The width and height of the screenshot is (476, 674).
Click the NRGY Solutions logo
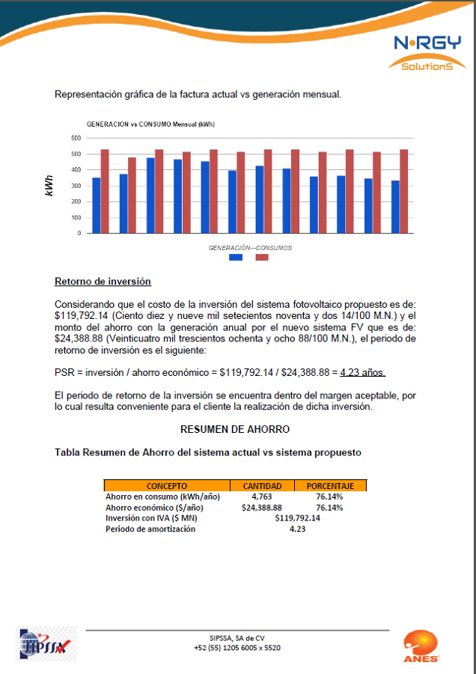pyautogui.click(x=428, y=53)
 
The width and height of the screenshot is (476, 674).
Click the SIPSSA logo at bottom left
pyautogui.click(x=44, y=645)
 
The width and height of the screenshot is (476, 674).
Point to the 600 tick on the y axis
pyautogui.click(x=76, y=139)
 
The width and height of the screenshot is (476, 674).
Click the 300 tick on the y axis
pyautogui.click(x=76, y=186)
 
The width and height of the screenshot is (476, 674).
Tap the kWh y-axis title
pyautogui.click(x=49, y=186)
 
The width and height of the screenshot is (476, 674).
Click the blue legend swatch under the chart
pyautogui.click(x=236, y=257)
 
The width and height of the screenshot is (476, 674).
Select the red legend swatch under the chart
pyautogui.click(x=262, y=257)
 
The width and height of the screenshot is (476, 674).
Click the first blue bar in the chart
pyautogui.click(x=96, y=205)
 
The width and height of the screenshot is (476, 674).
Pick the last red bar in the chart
pyautogui.click(x=404, y=191)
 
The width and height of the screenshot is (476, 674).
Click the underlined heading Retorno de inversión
pyautogui.click(x=103, y=282)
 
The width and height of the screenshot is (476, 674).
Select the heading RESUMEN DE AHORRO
pyautogui.click(x=235, y=430)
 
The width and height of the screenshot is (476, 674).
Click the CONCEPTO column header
pyautogui.click(x=167, y=486)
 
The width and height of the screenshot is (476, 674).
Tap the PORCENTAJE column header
pyautogui.click(x=330, y=486)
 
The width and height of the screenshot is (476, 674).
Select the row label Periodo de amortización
pyautogui.click(x=150, y=529)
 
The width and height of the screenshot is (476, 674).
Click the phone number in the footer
pyautogui.click(x=237, y=648)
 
